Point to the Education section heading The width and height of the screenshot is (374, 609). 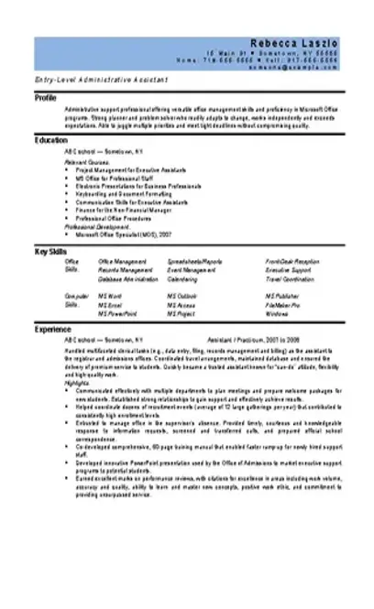tap(50, 140)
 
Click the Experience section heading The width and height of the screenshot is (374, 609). tap(52, 327)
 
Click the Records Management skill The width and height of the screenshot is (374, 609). tap(125, 270)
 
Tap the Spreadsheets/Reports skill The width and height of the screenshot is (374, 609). tap(194, 262)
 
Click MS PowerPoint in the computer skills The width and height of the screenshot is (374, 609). tap(116, 313)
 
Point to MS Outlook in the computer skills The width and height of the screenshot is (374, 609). tap(181, 297)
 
